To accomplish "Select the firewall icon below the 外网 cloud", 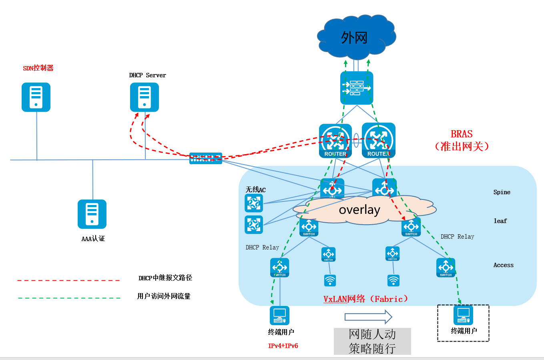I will [356, 88].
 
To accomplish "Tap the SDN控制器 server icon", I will [36, 97].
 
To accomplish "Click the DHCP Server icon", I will [145, 97].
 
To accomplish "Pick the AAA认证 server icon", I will [92, 214].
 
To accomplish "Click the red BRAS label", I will [462, 134].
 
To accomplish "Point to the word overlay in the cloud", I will [359, 210].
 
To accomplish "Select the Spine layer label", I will [502, 192].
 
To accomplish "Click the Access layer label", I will [503, 265].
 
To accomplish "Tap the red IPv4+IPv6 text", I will [283, 346].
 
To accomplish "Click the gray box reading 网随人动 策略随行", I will [372, 341].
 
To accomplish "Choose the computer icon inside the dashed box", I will [463, 315].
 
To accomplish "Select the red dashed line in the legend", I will [68, 280].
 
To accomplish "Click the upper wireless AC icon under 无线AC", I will [254, 203].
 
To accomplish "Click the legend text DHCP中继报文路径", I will [165, 278].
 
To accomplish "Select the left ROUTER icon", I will [335, 140].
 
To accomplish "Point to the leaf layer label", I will [500, 221].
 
